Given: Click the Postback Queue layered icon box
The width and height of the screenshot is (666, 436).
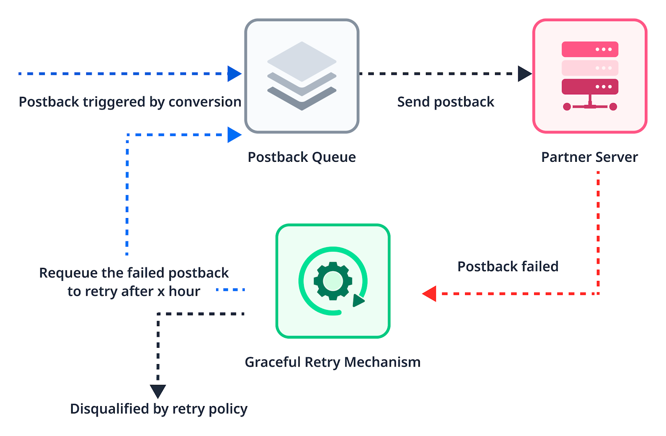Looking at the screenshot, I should tap(302, 76).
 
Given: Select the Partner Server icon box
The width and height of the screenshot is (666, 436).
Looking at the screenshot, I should tap(590, 76).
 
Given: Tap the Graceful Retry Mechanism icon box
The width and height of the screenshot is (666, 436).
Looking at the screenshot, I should tap(333, 281).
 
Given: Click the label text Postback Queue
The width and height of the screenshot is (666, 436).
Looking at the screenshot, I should tap(302, 157).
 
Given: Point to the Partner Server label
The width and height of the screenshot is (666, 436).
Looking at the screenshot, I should tap(589, 157).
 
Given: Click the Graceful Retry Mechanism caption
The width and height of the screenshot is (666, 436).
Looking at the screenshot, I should tap(333, 362).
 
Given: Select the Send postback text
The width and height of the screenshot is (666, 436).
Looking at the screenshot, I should tap(445, 102).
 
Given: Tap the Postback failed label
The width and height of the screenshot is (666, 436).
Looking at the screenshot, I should tap(508, 267).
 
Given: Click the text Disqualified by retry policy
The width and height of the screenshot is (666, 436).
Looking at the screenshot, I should tap(159, 409).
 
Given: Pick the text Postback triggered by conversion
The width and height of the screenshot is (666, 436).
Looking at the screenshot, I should tap(130, 102).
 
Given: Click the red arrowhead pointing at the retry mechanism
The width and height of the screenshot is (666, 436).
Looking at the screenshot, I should tap(430, 294).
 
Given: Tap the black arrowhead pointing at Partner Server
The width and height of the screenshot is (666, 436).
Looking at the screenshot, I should tap(524, 74).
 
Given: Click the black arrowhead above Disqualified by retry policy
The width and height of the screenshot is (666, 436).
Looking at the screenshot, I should tap(158, 391).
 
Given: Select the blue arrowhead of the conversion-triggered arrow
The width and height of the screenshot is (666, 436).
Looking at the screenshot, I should tap(234, 74).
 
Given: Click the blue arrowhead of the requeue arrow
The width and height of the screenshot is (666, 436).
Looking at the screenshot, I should tap(234, 135).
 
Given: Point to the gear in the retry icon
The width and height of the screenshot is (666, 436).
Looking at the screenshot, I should tap(333, 281).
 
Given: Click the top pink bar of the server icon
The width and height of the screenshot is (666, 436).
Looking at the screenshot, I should tap(590, 49).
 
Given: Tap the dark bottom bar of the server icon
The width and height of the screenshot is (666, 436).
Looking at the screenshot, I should tap(590, 87).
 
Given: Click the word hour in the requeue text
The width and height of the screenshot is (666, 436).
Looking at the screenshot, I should tap(184, 291).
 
